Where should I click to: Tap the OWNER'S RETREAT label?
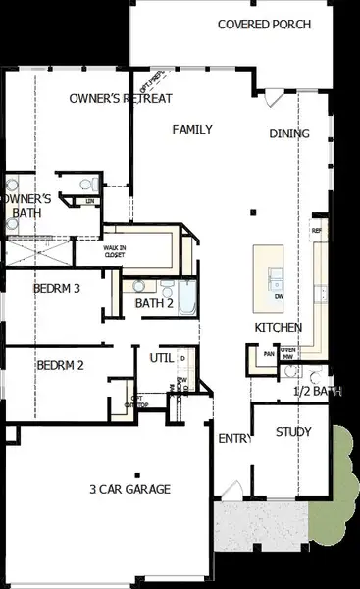[x=121, y=99]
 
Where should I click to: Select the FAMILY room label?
[x=192, y=129]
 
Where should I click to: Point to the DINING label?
[x=289, y=134]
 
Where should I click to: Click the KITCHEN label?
[x=278, y=327]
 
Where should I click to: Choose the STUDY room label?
[x=293, y=430]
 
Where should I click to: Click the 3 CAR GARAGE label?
[x=129, y=489]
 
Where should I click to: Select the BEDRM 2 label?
[x=60, y=366]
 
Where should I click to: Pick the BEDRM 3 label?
[x=56, y=289]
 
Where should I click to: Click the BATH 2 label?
[x=154, y=303]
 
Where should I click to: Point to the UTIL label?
[x=161, y=358]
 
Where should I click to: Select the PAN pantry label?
[x=268, y=353]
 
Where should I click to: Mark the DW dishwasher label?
[x=280, y=296]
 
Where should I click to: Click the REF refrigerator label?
[x=316, y=231]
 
